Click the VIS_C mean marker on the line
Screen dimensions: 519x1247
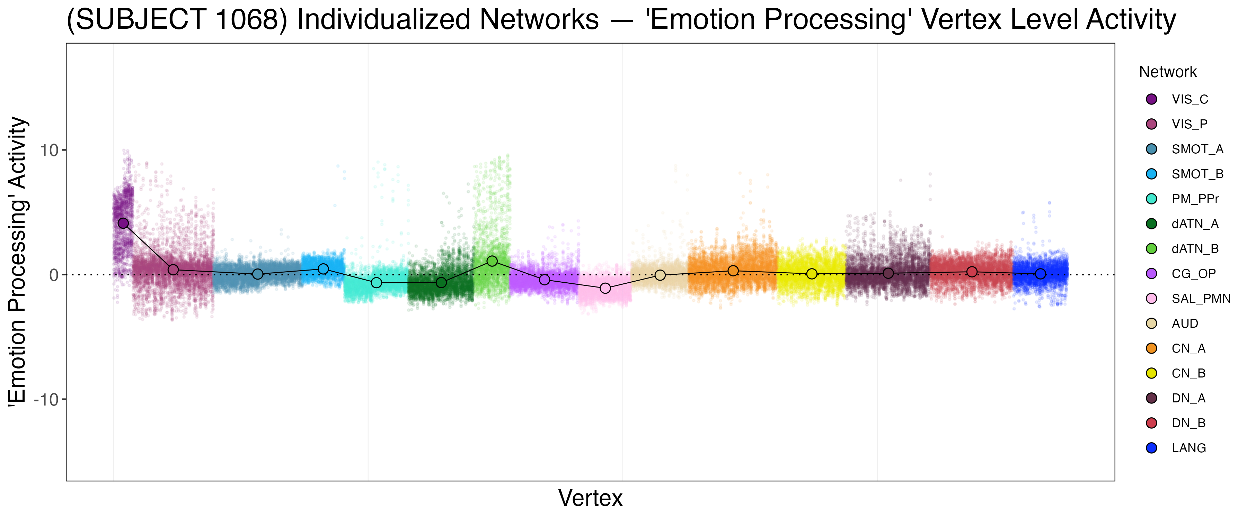[123, 223]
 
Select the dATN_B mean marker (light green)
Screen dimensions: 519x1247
[492, 261]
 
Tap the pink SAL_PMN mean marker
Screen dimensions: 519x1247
[605, 288]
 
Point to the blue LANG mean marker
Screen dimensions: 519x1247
[1040, 274]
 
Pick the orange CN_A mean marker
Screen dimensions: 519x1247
[733, 271]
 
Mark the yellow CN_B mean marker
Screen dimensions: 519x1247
[812, 274]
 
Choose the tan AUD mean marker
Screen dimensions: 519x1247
[660, 275]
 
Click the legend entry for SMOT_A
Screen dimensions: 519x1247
[1197, 149]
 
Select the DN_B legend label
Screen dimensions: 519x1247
[1188, 423]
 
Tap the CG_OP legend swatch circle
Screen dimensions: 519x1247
[1152, 274]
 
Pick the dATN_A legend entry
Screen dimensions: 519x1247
[1195, 224]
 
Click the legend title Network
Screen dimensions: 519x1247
[1168, 72]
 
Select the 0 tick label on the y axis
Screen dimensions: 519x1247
[54, 275]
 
